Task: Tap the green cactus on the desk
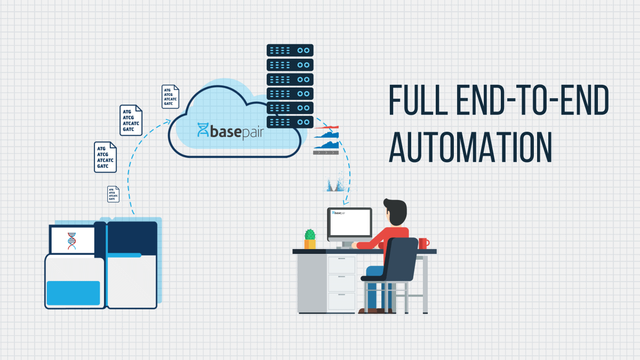310,235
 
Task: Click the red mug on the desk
423,243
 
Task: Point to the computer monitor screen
350,223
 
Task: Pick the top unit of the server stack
290,50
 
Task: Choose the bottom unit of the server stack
290,122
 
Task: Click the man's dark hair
395,208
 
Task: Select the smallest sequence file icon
114,194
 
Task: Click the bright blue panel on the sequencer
73,292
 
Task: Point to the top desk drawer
341,265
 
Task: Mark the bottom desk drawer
341,301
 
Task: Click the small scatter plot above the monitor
337,184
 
